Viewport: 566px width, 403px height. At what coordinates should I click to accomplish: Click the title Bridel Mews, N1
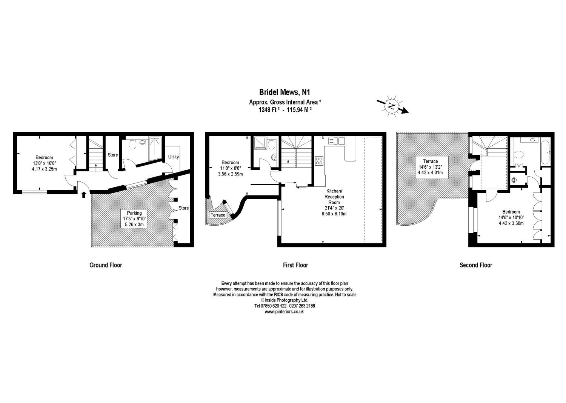(x=285, y=92)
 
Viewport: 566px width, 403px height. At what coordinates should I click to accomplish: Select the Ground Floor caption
(x=106, y=265)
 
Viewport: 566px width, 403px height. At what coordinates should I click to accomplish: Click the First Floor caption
(x=295, y=265)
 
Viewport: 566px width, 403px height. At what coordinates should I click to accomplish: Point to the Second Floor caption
(x=476, y=265)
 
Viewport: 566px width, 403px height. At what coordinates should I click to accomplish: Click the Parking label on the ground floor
(x=134, y=213)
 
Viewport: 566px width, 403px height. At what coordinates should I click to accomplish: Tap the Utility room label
(x=174, y=157)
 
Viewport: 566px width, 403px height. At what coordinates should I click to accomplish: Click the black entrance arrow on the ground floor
(x=84, y=194)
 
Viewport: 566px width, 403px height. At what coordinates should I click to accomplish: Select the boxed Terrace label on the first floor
(x=218, y=215)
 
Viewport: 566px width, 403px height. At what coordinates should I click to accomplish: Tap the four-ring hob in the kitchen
(x=319, y=161)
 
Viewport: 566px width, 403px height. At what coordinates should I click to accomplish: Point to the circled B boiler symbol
(x=513, y=180)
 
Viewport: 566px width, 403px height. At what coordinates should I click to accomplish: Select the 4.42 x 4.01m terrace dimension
(x=430, y=172)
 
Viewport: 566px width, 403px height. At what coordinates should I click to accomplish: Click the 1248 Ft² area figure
(x=269, y=110)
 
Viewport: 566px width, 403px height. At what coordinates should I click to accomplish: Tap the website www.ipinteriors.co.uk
(x=284, y=312)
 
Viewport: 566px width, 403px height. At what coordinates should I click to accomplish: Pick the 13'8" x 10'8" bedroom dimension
(x=44, y=163)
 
